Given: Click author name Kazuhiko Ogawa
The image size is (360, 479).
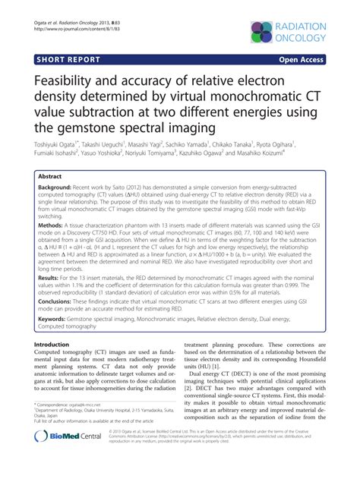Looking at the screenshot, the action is click(x=219, y=153).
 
